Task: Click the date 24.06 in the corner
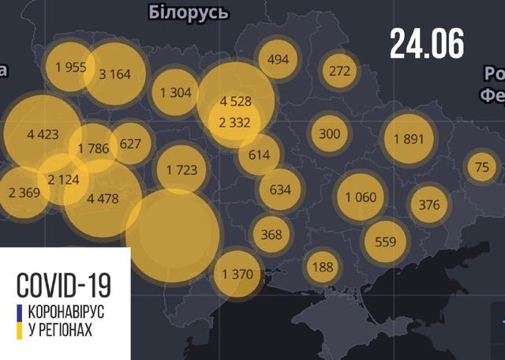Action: click(x=426, y=44)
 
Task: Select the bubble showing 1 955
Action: click(x=70, y=67)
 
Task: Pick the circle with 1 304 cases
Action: click(x=175, y=92)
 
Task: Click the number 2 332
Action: click(x=236, y=122)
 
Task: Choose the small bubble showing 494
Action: click(x=278, y=59)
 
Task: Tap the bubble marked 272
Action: click(x=339, y=71)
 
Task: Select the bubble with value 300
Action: click(x=329, y=133)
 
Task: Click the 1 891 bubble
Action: click(x=408, y=140)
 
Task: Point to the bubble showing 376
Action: click(x=428, y=205)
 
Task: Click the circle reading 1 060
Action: click(x=361, y=197)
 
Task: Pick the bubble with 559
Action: click(x=385, y=242)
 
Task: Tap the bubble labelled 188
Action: click(x=323, y=266)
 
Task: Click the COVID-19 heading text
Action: click(x=64, y=284)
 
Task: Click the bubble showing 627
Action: click(x=131, y=144)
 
